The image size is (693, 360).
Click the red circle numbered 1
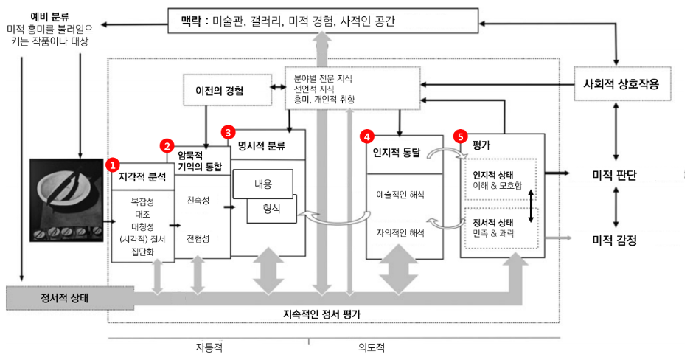click(x=113, y=162)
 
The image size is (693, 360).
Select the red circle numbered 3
click(x=229, y=133)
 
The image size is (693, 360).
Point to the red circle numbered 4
click(x=366, y=136)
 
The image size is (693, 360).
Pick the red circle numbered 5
click(x=461, y=136)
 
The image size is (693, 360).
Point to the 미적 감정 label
click(x=614, y=240)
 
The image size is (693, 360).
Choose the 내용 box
click(x=263, y=184)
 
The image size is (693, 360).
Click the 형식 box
click(x=272, y=210)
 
